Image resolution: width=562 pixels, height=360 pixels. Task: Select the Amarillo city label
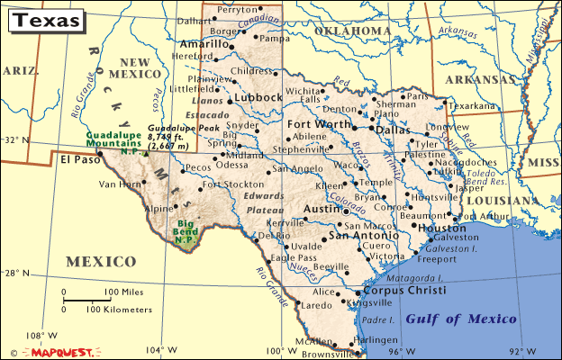coord(204,43)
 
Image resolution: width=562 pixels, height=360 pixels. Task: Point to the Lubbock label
coord(258,98)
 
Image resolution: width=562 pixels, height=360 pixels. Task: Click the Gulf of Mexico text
coord(461,319)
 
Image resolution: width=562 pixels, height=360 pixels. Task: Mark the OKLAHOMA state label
coord(352,31)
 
